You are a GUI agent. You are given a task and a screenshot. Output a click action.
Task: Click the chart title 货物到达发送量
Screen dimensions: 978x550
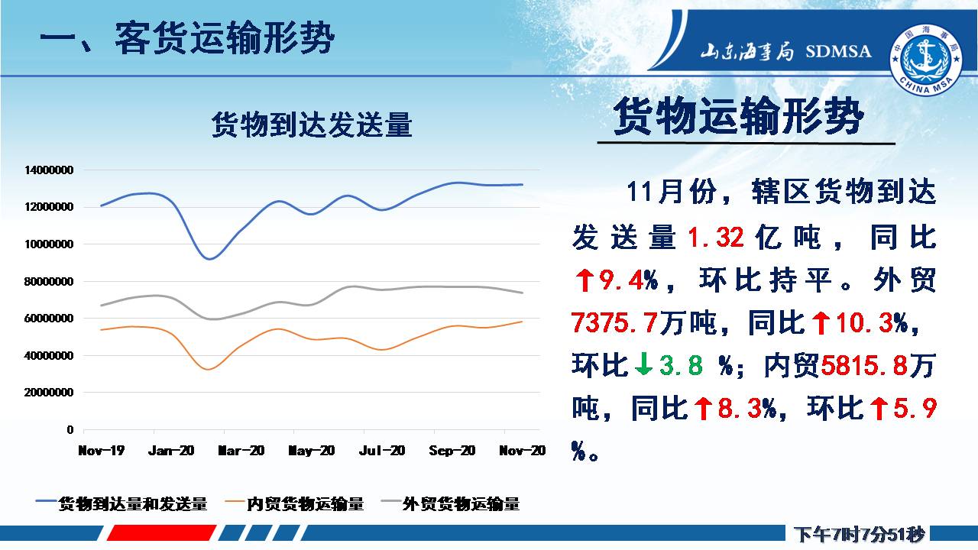(x=312, y=125)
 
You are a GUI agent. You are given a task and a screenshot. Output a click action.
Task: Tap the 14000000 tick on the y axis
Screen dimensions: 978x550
(x=49, y=170)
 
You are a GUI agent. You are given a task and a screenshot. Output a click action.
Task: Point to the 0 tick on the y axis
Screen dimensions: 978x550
(x=70, y=429)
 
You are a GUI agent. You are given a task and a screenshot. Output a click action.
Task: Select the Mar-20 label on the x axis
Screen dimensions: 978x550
(x=241, y=451)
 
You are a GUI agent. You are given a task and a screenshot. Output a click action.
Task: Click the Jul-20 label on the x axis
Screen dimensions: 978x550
(x=382, y=451)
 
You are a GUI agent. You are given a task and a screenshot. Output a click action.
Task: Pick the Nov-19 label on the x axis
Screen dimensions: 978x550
(x=102, y=451)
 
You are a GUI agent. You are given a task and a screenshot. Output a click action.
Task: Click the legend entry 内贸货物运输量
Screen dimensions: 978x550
(x=294, y=503)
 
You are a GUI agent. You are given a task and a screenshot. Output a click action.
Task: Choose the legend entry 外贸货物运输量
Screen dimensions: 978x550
(x=450, y=503)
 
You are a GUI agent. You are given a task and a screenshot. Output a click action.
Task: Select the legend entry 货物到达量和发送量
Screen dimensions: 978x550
(x=121, y=503)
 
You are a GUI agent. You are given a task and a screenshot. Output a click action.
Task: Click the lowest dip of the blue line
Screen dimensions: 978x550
(x=210, y=259)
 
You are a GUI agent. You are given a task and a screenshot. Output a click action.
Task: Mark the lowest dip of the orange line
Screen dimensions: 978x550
(x=209, y=370)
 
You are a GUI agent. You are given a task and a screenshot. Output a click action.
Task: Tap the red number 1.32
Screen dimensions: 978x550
(x=716, y=238)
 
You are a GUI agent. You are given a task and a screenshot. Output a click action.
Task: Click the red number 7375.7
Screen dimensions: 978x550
(x=614, y=322)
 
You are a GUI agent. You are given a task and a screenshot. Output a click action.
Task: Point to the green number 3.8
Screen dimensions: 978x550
(x=681, y=365)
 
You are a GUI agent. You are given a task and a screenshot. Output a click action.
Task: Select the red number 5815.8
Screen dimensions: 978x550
(x=864, y=365)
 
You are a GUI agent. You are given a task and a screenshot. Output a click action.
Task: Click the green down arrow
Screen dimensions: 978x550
(x=643, y=365)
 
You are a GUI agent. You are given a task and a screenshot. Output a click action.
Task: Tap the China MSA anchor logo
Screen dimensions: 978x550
(x=925, y=60)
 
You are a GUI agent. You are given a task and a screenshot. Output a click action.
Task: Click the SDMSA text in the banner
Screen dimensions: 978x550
(x=838, y=51)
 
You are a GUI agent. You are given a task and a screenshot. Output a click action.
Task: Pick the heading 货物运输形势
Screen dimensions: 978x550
(x=739, y=116)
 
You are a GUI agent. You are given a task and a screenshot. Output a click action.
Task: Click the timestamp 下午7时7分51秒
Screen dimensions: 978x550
(x=860, y=534)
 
